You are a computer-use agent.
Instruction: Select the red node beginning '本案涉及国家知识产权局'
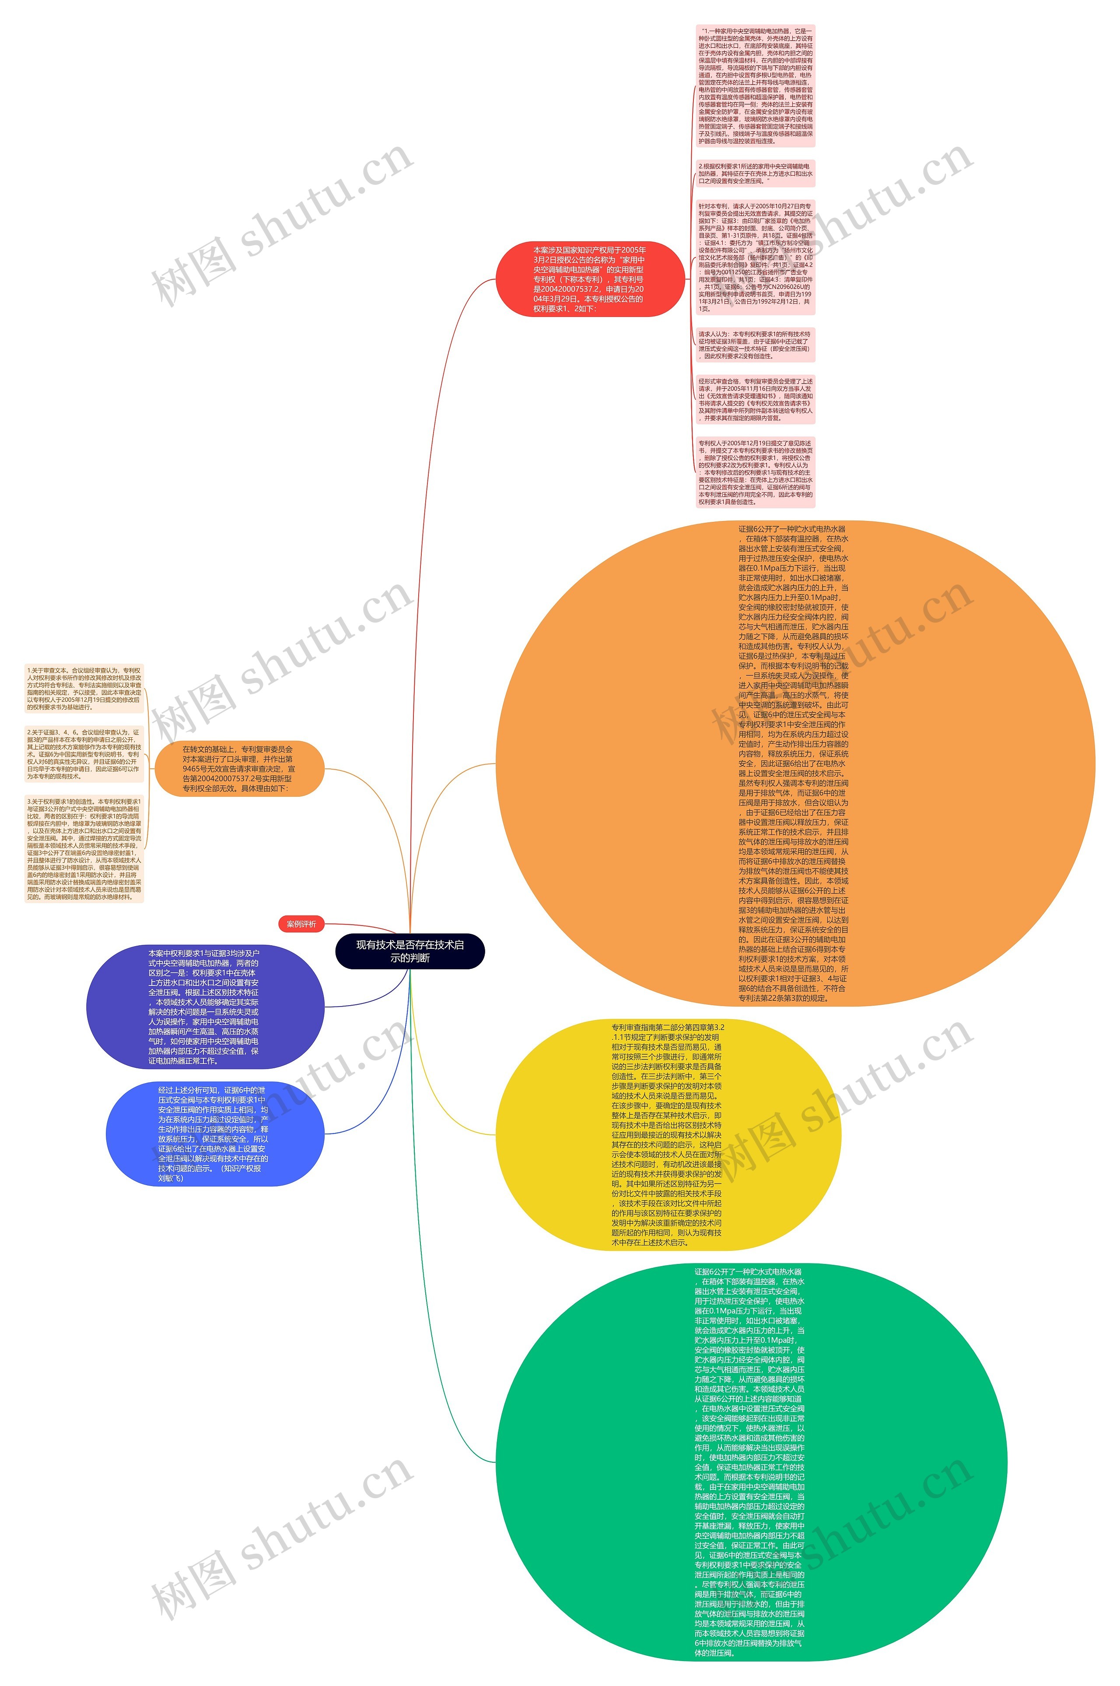pyautogui.click(x=589, y=279)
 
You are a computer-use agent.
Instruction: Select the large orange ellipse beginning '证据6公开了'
pyautogui.click(x=794, y=763)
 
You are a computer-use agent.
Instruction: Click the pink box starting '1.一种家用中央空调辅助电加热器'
pyautogui.click(x=756, y=86)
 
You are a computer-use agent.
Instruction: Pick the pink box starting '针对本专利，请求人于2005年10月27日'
pyautogui.click(x=756, y=257)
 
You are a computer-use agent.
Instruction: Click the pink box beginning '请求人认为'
pyautogui.click(x=756, y=345)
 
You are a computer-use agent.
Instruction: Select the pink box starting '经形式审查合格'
pyautogui.click(x=756, y=400)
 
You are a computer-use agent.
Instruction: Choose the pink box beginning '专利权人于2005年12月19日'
pyautogui.click(x=756, y=472)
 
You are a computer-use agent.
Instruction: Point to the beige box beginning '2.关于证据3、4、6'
pyautogui.click(x=84, y=754)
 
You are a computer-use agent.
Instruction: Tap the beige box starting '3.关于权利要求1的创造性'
pyautogui.click(x=84, y=849)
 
